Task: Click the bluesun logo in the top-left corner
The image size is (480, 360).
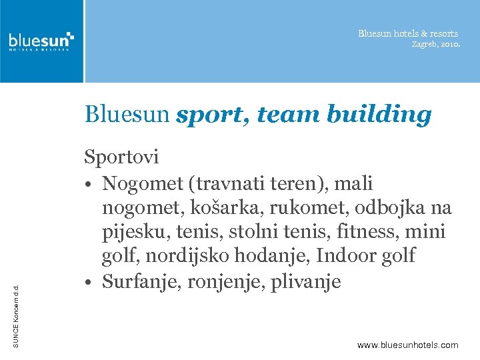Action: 41,41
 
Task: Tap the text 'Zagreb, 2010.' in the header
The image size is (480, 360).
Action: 435,44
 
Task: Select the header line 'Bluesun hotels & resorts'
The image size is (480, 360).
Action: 408,33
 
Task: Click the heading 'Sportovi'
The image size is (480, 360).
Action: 121,157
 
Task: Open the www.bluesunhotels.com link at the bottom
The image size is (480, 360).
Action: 407,345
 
